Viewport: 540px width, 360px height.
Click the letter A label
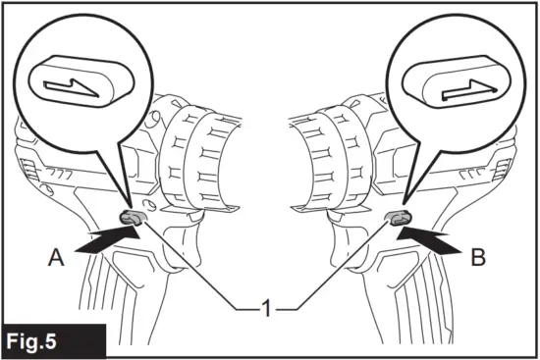(58, 259)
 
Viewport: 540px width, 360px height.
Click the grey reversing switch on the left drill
(133, 217)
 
